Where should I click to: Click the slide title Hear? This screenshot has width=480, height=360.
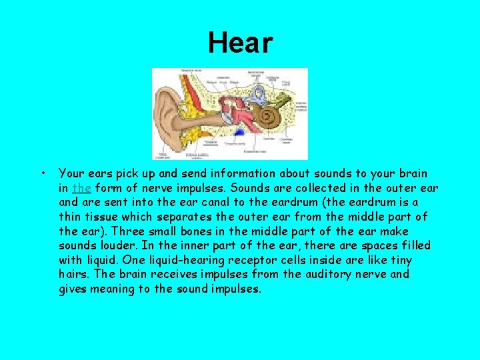click(x=240, y=43)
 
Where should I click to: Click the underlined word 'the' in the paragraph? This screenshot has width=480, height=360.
click(x=81, y=188)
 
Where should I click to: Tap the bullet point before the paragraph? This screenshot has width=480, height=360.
click(x=43, y=174)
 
